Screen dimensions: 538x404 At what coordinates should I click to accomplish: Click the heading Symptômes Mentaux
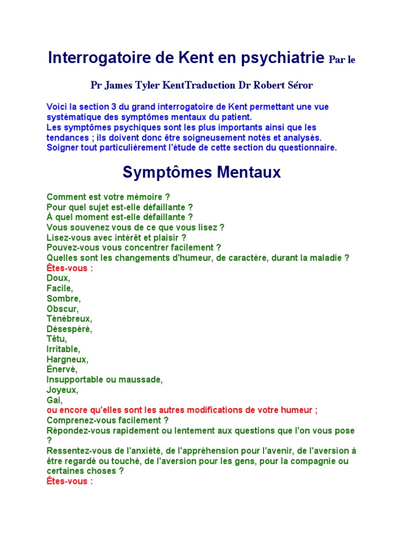[x=202, y=172]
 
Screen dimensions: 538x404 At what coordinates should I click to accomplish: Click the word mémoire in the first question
[x=145, y=197]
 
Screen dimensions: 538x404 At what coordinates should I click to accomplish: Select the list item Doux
[x=58, y=278]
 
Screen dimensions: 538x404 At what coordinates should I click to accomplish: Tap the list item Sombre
[x=64, y=298]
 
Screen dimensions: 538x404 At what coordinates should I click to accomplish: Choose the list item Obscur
[x=63, y=308]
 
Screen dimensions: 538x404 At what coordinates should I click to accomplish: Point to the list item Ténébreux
[x=69, y=319]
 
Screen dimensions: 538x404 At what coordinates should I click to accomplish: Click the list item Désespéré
[x=69, y=329]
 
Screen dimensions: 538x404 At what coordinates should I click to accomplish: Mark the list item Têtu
[x=56, y=339]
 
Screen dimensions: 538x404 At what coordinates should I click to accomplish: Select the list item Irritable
[x=64, y=349]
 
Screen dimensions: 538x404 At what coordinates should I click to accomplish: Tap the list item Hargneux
[x=67, y=359]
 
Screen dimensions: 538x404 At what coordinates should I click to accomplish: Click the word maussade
[x=143, y=380]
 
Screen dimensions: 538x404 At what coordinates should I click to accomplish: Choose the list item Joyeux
[x=62, y=390]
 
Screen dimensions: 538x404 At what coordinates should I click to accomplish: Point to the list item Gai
[x=54, y=400]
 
